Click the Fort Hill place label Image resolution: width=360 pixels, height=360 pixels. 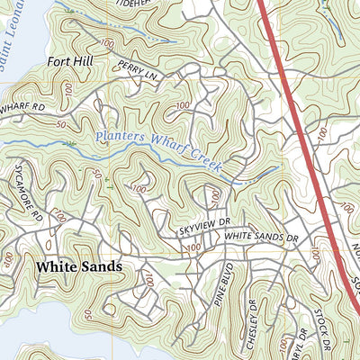point(69,62)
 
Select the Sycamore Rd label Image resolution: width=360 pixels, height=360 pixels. point(32,205)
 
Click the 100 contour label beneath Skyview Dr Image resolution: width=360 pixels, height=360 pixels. point(191,247)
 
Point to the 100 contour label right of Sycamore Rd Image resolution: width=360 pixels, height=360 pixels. point(59,216)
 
